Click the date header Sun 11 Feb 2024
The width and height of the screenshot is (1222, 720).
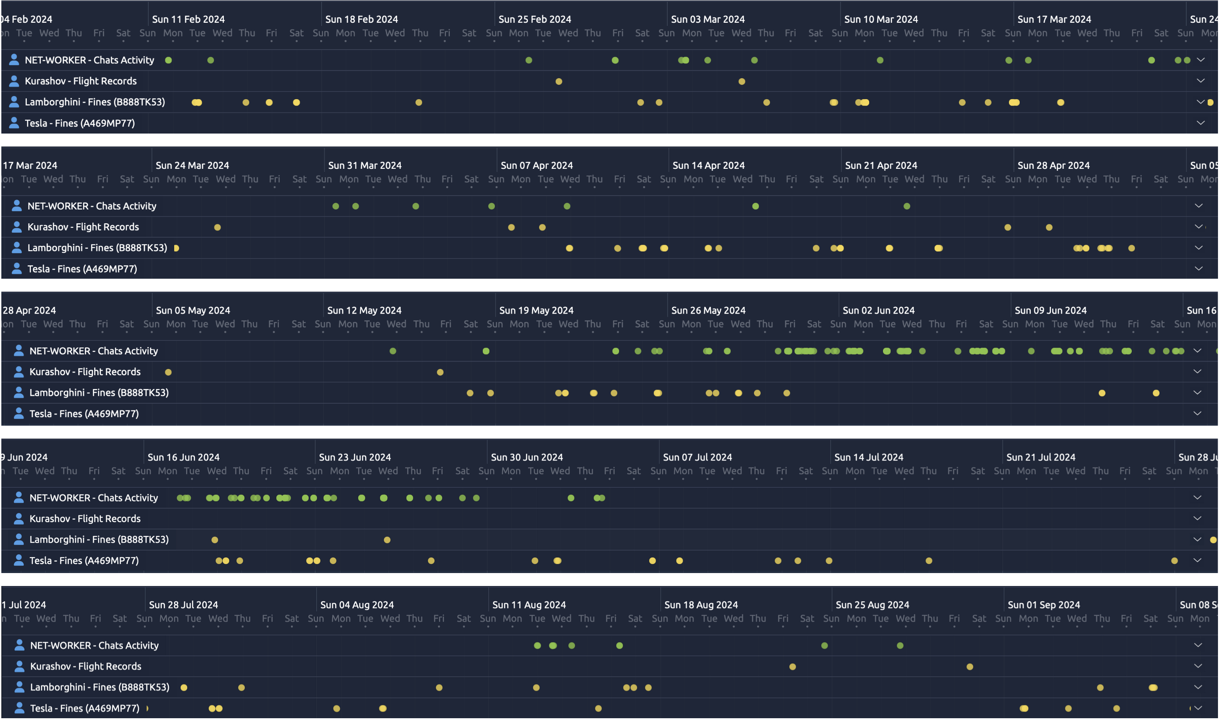pos(188,19)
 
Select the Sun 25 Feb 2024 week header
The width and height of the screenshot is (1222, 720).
pos(535,19)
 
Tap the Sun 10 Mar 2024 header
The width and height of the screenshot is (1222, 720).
pos(881,19)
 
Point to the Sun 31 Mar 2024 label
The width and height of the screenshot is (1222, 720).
pos(365,165)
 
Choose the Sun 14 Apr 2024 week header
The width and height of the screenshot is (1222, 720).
pos(708,165)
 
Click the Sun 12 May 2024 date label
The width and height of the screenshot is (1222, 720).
pos(364,310)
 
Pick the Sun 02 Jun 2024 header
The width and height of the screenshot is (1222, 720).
pos(879,310)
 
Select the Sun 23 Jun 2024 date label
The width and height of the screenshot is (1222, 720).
pos(355,457)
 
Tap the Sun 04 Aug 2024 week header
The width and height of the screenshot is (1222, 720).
pos(357,605)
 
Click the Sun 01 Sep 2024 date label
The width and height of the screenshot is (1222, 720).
pos(1044,605)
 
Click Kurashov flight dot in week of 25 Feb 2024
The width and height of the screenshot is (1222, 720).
pos(559,81)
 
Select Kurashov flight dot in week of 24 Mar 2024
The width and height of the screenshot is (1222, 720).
pos(218,227)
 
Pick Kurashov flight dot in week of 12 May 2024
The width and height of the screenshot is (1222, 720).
pos(440,373)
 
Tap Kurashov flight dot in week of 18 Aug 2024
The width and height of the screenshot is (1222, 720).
pos(793,667)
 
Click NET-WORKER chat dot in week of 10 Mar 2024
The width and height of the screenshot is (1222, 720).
pos(880,61)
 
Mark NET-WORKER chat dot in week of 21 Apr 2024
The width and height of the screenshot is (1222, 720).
pos(907,207)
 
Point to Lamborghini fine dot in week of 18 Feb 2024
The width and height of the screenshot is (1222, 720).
pos(418,103)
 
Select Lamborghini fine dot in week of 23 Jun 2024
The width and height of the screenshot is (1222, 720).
pos(387,540)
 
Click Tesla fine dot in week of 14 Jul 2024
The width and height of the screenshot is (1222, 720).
pos(929,561)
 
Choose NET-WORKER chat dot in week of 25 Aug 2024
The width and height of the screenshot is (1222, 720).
pos(900,646)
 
